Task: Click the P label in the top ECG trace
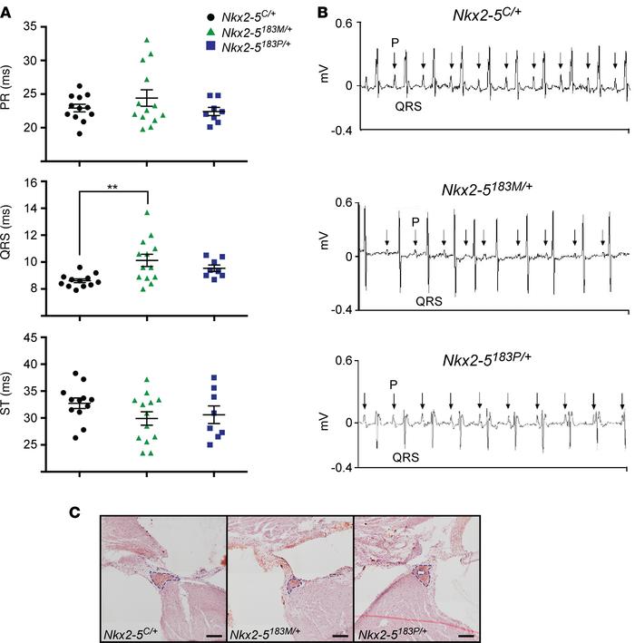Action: click(x=395, y=42)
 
